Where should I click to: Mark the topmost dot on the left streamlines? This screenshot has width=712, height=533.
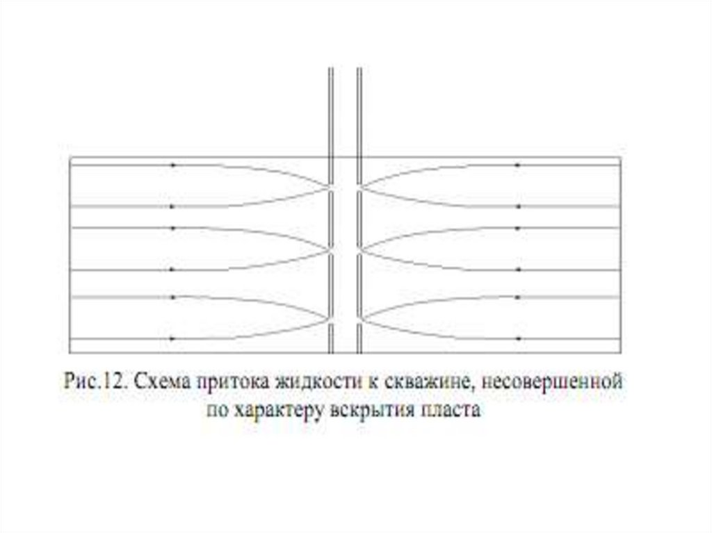pos(172,165)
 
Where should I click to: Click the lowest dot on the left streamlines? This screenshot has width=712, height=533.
pos(172,338)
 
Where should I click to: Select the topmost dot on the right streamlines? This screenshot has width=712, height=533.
pos(517,165)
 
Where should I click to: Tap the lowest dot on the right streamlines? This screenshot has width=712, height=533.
pos(517,338)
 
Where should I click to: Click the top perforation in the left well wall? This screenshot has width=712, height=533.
pos(331,186)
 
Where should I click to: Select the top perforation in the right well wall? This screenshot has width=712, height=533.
pos(359,186)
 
